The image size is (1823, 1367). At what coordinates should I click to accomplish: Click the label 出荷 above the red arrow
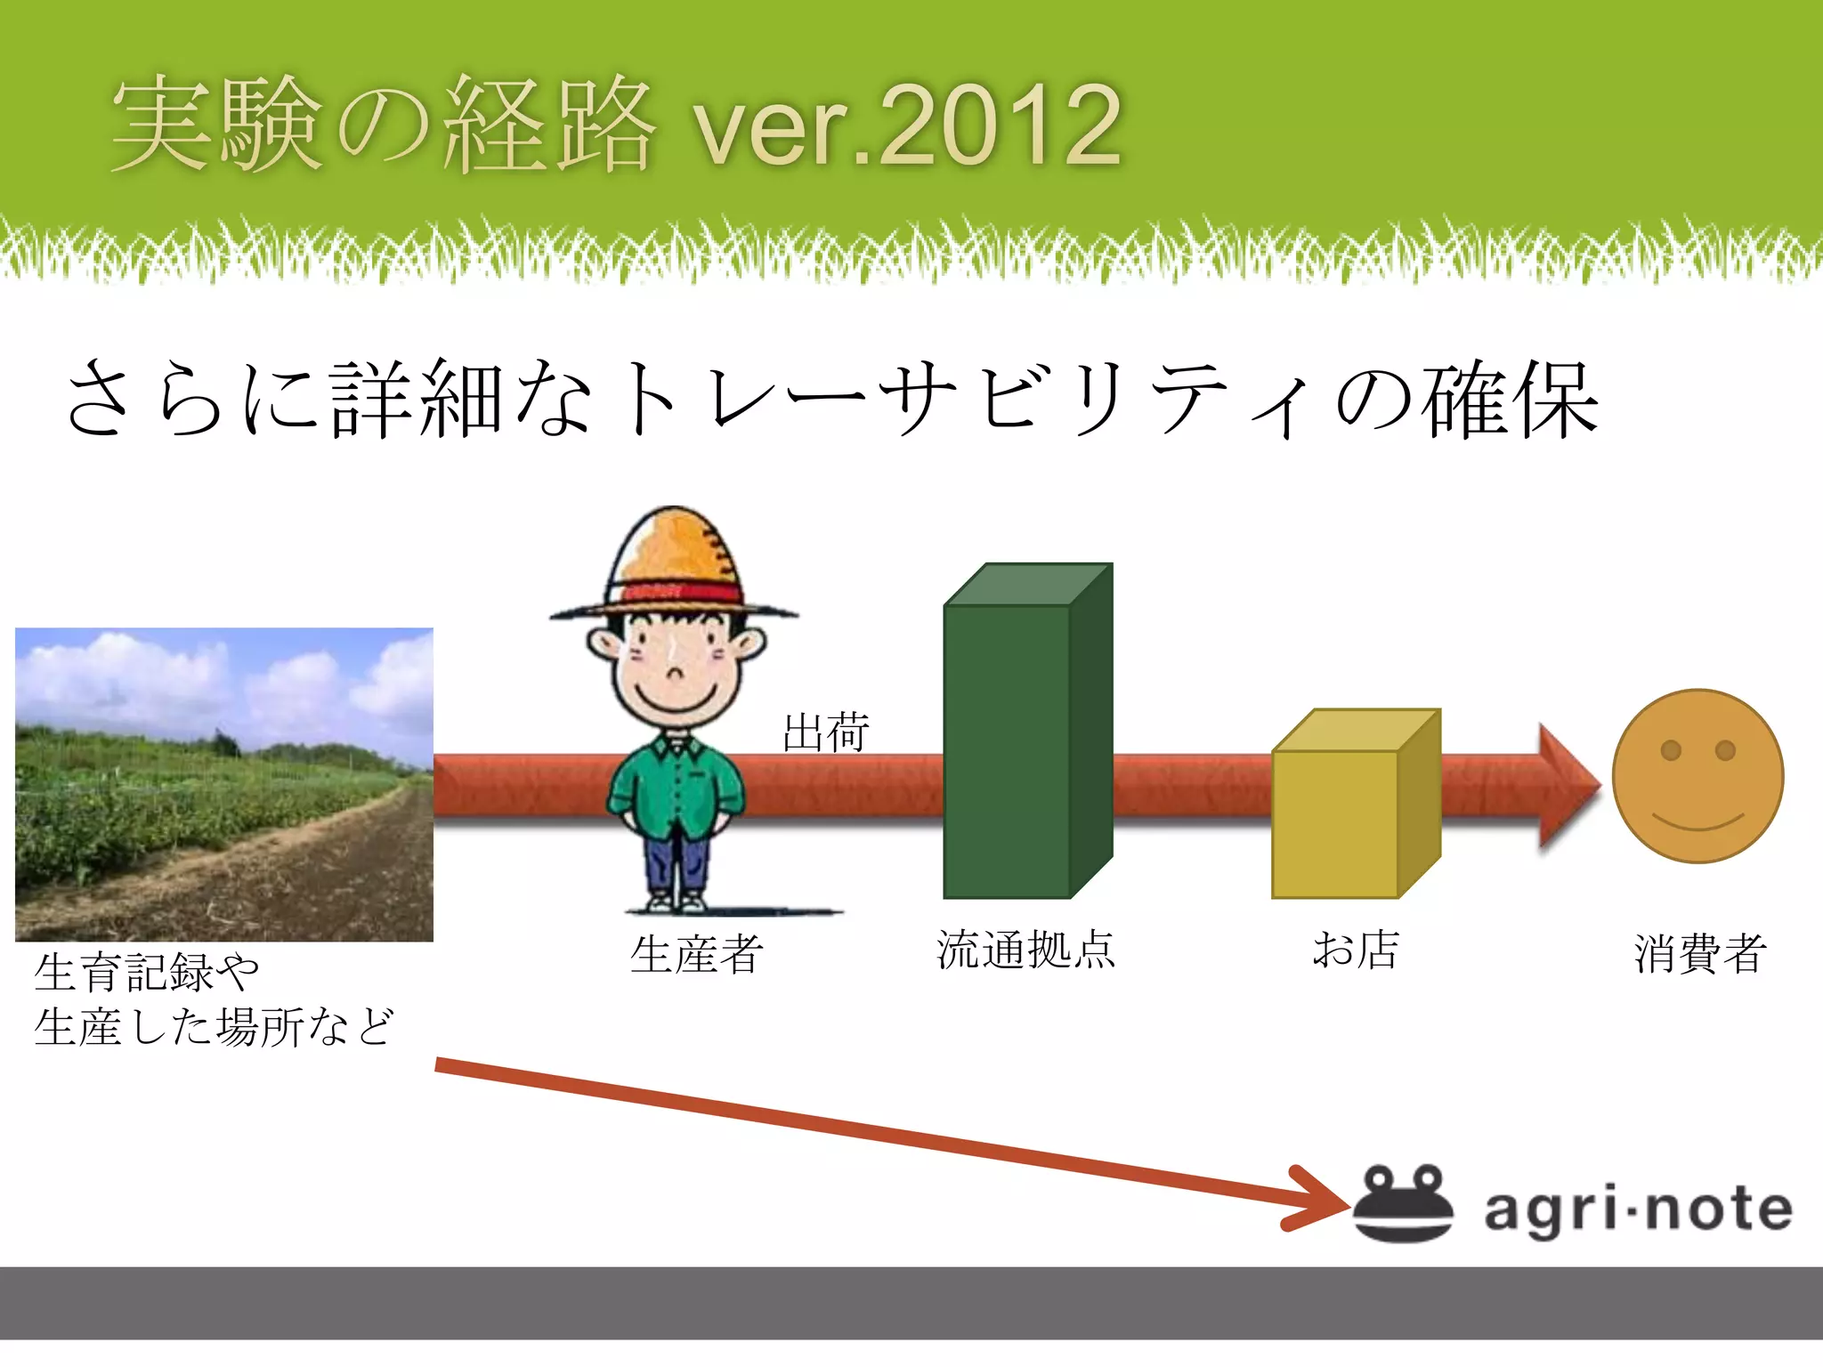(x=825, y=733)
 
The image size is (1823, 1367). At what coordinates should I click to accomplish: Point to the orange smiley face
(x=1697, y=776)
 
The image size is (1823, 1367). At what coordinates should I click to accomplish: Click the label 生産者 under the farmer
(x=696, y=954)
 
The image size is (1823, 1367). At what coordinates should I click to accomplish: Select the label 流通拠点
(x=1025, y=950)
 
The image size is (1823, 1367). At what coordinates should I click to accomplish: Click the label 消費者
(x=1699, y=954)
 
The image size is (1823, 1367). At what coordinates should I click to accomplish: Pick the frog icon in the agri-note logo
(x=1403, y=1203)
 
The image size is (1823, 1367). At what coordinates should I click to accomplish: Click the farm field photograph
(x=224, y=783)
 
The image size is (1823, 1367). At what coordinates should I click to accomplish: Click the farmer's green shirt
(x=677, y=783)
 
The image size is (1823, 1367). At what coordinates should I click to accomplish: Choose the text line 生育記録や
(x=147, y=972)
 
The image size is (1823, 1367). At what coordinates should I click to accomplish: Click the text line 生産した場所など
(x=214, y=1026)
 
